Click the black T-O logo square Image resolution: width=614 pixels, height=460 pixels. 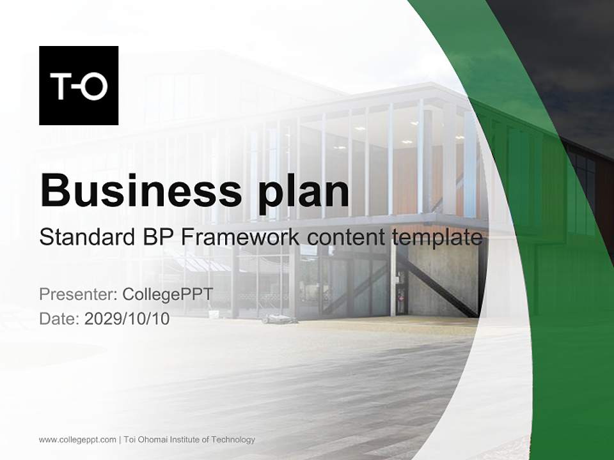[x=79, y=86]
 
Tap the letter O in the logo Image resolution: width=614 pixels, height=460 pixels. [x=95, y=88]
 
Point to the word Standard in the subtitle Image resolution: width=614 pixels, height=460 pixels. [x=83, y=238]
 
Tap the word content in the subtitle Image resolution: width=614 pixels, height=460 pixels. [x=345, y=238]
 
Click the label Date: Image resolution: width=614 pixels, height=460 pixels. [x=59, y=319]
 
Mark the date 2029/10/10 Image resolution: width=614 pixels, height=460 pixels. [x=127, y=319]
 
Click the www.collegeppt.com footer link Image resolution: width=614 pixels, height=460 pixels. [x=77, y=440]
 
